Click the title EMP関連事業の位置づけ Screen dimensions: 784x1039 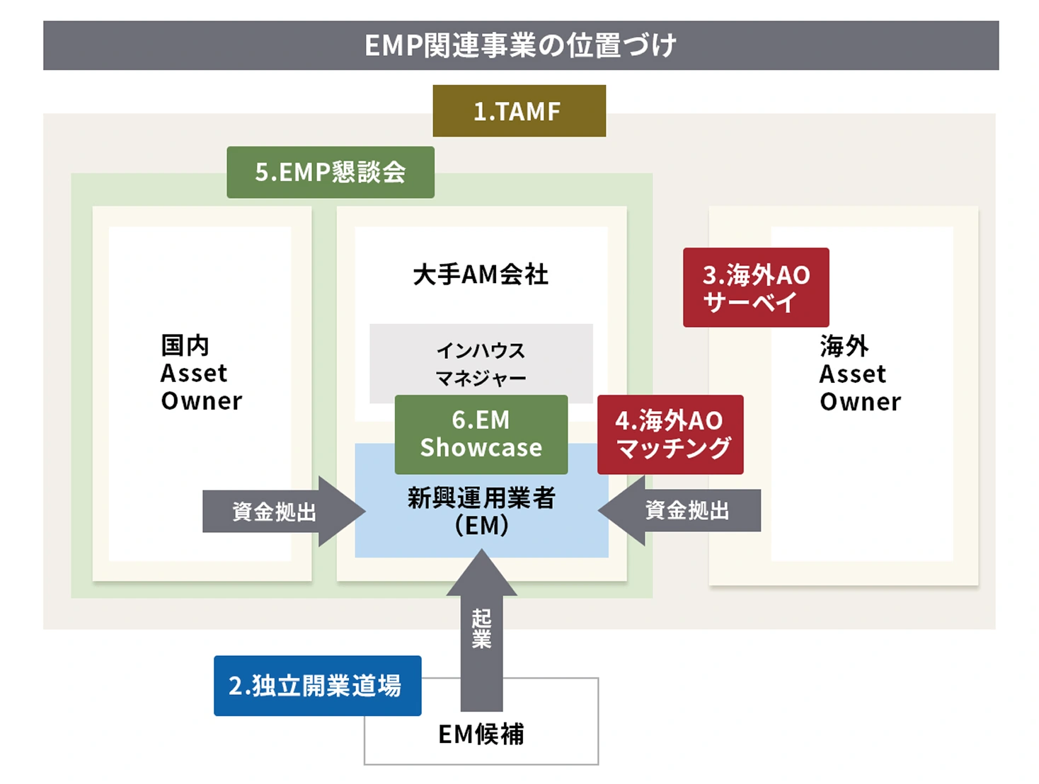[520, 46]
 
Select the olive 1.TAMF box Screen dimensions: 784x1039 [519, 111]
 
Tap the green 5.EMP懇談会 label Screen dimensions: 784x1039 [331, 172]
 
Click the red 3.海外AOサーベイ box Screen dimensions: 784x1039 [756, 287]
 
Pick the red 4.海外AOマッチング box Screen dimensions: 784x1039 [670, 434]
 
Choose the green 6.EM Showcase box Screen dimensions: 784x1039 [481, 434]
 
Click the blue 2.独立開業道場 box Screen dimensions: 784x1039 [317, 686]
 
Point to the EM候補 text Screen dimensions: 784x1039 [481, 734]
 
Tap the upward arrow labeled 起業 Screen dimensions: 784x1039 [481, 630]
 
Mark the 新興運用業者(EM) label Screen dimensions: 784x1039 [481, 512]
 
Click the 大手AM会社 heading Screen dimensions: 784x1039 [481, 275]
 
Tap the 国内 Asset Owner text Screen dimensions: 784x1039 [201, 373]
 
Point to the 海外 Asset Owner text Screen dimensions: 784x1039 [860, 374]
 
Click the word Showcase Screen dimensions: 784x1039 [481, 448]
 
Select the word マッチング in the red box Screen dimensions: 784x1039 [673, 448]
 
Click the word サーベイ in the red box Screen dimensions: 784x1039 [750, 302]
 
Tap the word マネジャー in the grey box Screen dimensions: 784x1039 [481, 379]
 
